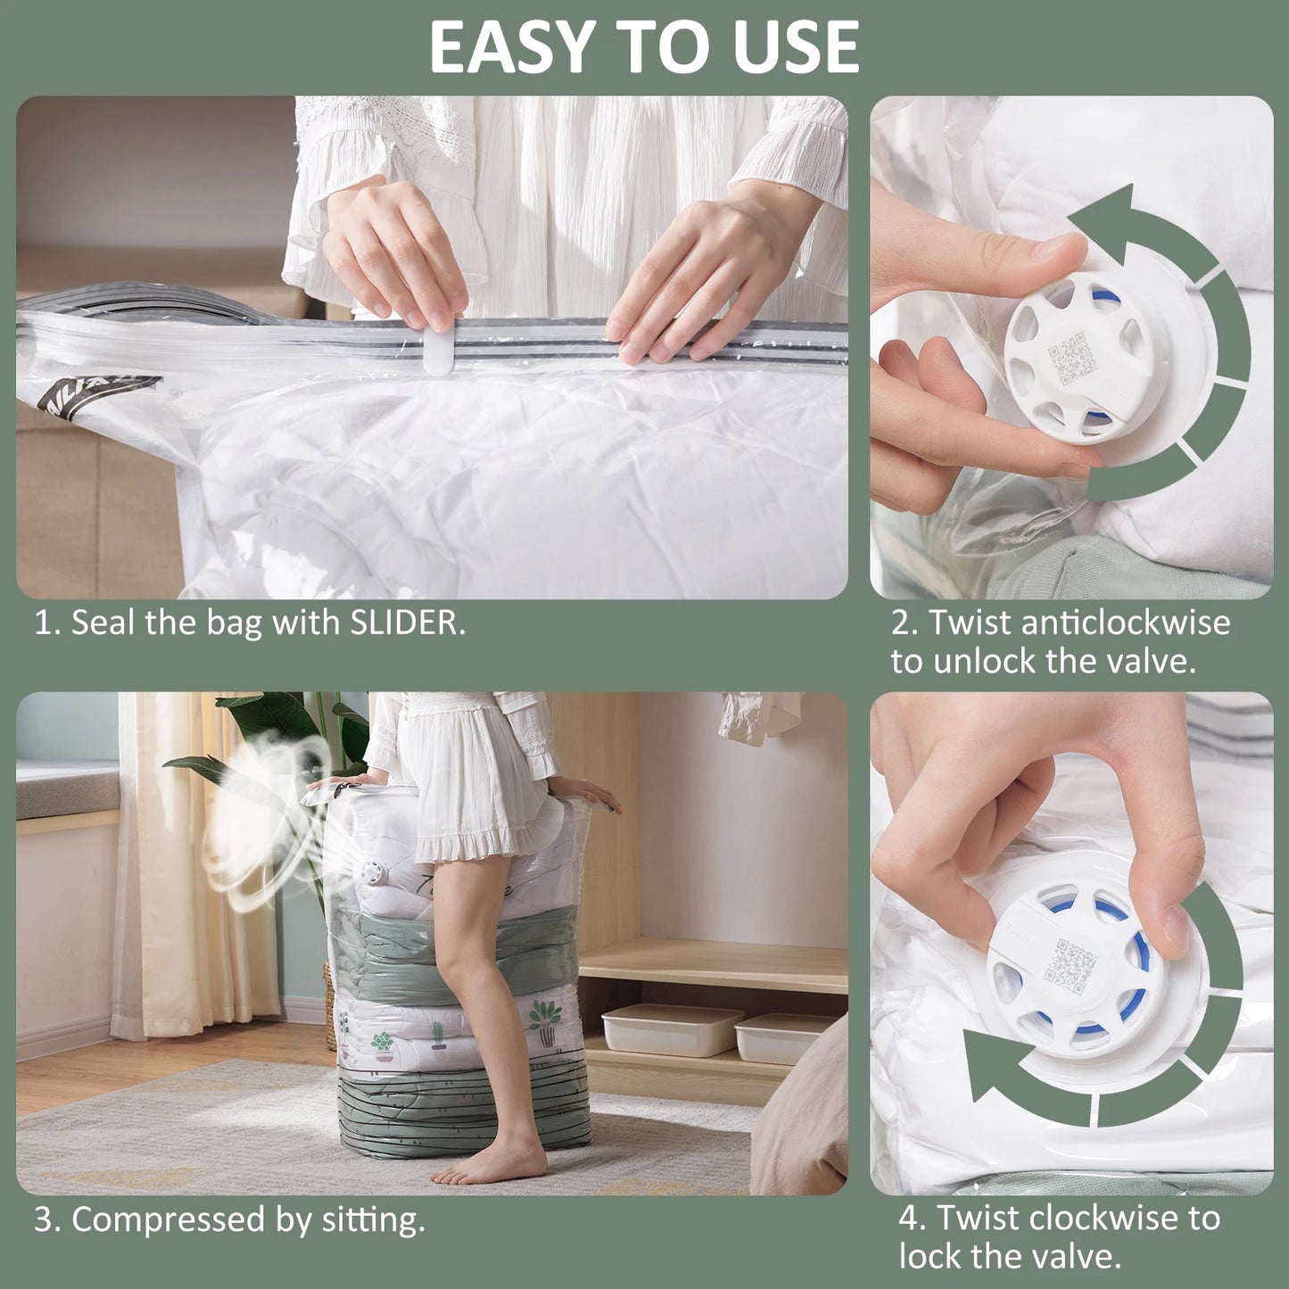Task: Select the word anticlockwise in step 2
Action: (x=1125, y=623)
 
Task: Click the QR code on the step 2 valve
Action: (x=1070, y=358)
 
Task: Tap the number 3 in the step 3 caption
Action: (x=42, y=1220)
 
